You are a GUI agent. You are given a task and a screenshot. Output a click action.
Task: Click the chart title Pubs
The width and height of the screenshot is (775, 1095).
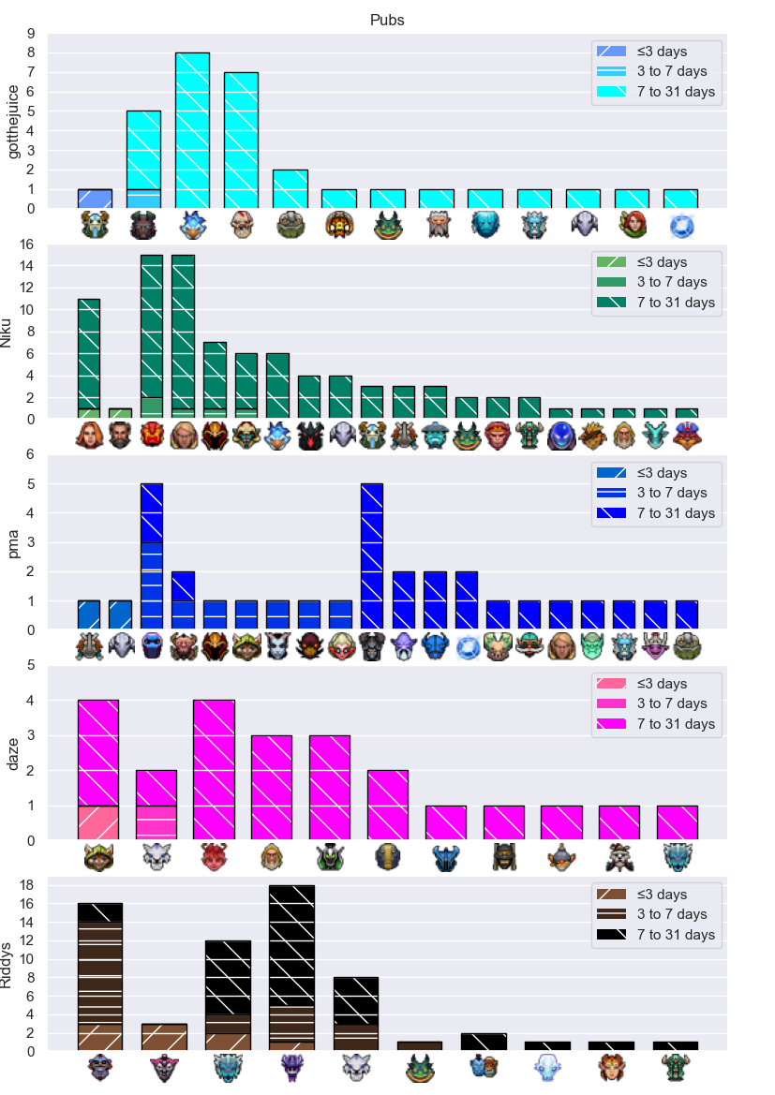[387, 21]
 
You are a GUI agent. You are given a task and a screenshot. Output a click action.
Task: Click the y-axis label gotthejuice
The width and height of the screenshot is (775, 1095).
[12, 122]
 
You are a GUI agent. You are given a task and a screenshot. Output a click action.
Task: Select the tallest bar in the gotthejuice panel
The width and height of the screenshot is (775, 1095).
[192, 130]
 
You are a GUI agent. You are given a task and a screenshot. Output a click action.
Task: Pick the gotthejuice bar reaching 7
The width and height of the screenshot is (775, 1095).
[241, 141]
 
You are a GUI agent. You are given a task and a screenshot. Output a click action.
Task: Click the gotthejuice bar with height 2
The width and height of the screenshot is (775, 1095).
[290, 189]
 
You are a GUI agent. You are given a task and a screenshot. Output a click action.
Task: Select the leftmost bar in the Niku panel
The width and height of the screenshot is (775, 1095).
[89, 359]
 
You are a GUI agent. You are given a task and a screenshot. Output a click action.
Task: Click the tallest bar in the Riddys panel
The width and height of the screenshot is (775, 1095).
[292, 968]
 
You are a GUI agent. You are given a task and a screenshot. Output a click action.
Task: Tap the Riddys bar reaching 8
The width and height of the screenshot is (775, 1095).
[356, 1014]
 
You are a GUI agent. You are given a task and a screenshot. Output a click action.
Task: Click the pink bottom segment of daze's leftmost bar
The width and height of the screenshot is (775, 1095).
[97, 822]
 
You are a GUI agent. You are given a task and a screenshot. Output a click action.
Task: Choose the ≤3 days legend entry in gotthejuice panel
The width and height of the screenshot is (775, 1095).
[642, 51]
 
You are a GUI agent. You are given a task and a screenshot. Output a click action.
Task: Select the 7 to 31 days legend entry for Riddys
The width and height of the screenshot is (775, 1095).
[655, 935]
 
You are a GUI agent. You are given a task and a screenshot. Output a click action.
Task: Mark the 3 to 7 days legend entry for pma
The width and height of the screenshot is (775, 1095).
[651, 493]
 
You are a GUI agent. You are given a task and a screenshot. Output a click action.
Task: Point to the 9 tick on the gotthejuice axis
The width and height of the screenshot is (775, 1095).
[31, 34]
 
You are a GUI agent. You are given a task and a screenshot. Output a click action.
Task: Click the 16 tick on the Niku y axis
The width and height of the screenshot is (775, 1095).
[26, 244]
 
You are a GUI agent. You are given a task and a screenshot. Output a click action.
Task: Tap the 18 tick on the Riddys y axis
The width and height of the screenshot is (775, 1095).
[26, 885]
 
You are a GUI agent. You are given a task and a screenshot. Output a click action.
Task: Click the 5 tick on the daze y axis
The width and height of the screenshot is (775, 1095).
[31, 665]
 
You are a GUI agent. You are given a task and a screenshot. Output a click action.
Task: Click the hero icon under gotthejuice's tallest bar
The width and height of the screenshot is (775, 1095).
[192, 226]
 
